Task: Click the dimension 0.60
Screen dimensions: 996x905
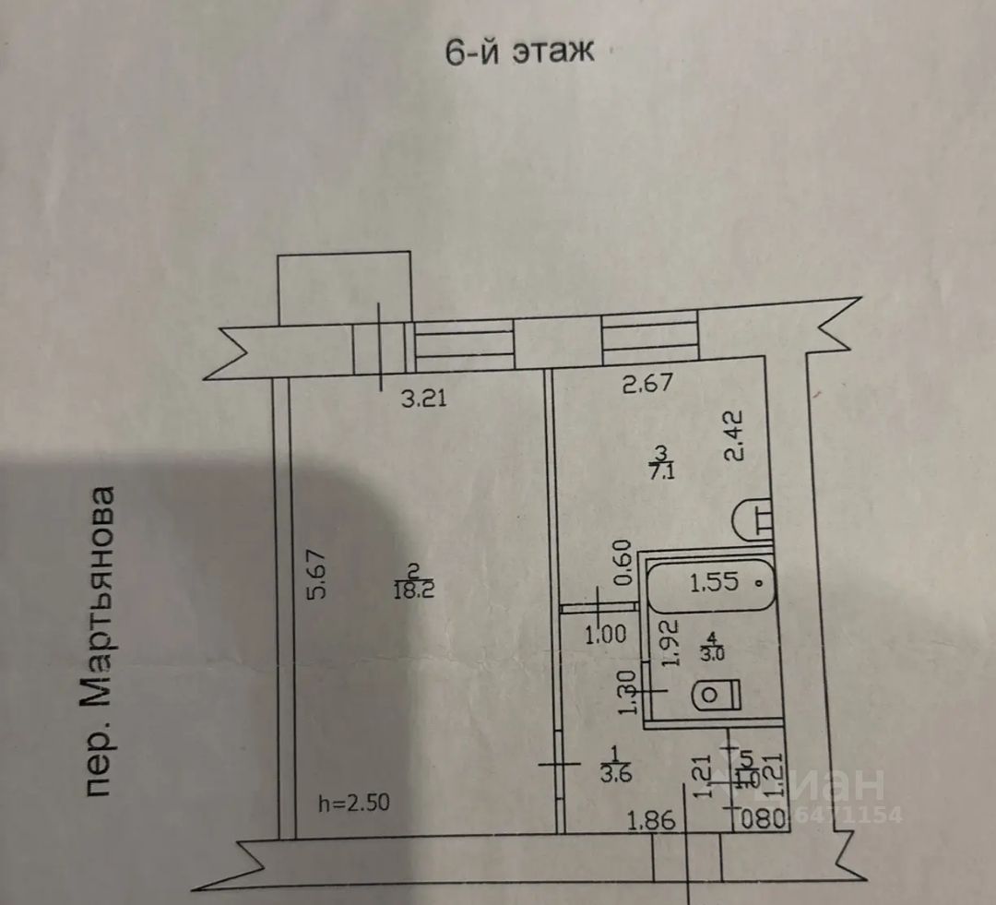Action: point(622,561)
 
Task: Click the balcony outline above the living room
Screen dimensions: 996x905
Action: point(344,288)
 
